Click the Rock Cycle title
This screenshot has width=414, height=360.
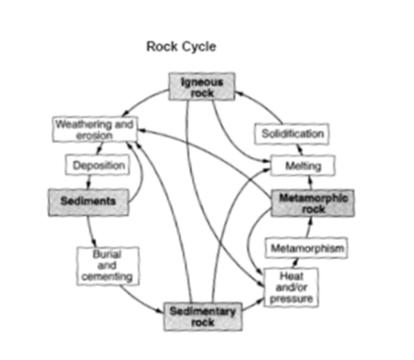click(181, 47)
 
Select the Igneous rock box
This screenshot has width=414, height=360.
click(202, 87)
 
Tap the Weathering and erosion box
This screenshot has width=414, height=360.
click(95, 129)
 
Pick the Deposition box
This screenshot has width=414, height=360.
click(98, 165)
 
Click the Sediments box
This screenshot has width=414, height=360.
click(88, 202)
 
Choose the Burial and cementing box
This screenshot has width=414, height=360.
click(108, 266)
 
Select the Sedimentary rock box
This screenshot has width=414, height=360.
click(203, 316)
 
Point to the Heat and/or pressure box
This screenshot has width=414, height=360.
click(291, 287)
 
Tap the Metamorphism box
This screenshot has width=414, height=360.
click(306, 248)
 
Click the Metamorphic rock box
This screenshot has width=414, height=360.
click(313, 203)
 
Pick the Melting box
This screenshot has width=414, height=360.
click(303, 166)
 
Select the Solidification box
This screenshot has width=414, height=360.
click(292, 134)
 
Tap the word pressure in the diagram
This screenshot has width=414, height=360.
click(291, 299)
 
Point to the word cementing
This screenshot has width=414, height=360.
click(107, 276)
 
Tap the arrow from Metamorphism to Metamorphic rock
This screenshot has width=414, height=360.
click(309, 227)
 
